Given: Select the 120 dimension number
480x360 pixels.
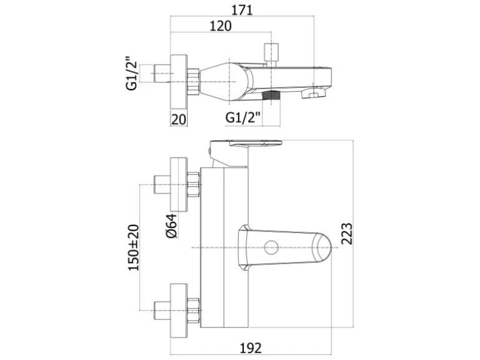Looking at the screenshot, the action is point(221,26).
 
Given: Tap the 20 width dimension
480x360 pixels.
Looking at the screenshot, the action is point(178,120).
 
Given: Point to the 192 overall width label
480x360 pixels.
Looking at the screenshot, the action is point(251,348).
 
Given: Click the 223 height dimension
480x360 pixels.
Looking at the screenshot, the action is point(347,234).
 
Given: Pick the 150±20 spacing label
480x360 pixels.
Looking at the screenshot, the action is point(133,247).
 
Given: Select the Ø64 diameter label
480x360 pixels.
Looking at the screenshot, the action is point(171,225).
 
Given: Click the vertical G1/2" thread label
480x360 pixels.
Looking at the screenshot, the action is point(132,73).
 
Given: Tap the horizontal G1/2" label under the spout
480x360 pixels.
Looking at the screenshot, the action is point(242,117).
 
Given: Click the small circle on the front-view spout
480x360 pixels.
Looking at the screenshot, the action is point(271,247).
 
